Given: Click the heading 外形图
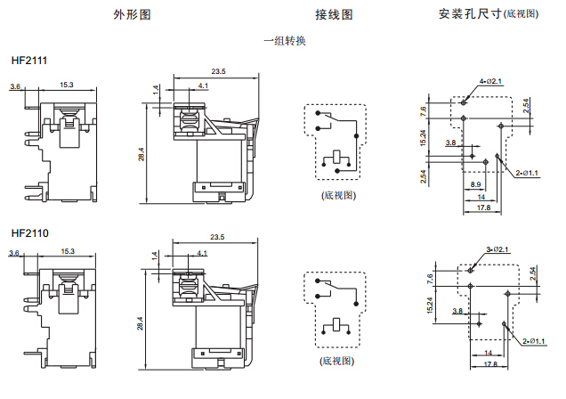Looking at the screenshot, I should click(132, 15).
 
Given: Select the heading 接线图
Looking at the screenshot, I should click(334, 15).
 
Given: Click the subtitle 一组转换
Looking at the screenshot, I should click(285, 41).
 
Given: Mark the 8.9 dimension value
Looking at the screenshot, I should click(476, 184).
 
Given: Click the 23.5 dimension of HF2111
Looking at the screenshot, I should click(218, 71).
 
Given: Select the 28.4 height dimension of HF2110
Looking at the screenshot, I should click(140, 325).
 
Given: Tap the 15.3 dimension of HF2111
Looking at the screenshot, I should click(67, 85).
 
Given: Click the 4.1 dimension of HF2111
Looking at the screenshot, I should click(203, 85).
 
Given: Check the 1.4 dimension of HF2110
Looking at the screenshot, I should click(156, 256).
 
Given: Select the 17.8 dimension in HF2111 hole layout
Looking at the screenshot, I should click(483, 208).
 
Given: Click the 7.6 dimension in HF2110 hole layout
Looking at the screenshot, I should click(429, 278).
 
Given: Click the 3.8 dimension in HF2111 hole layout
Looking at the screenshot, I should click(450, 142).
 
